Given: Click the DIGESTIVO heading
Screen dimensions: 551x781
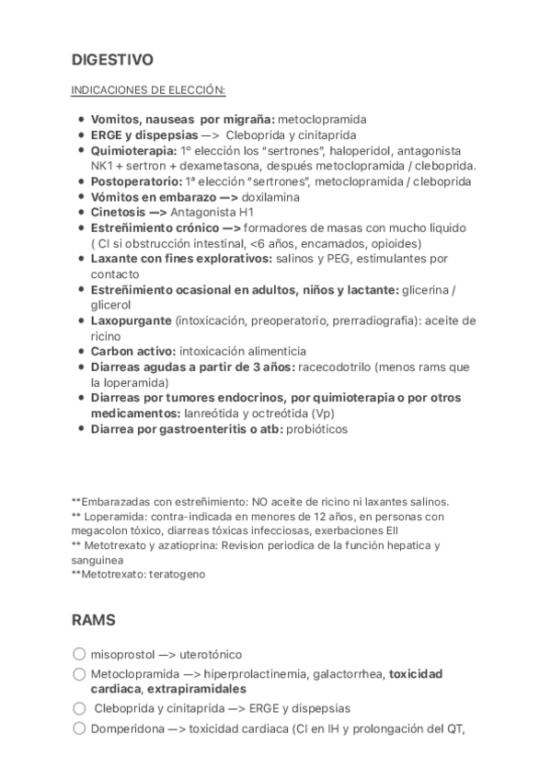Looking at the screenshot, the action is pyautogui.click(x=112, y=60).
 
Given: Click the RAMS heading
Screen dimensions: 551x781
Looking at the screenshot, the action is pyautogui.click(x=93, y=620).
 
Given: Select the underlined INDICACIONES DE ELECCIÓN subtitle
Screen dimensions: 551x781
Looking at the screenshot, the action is pyautogui.click(x=148, y=90).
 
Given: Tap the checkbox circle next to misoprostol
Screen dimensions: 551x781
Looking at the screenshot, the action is pyautogui.click(x=78, y=654).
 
